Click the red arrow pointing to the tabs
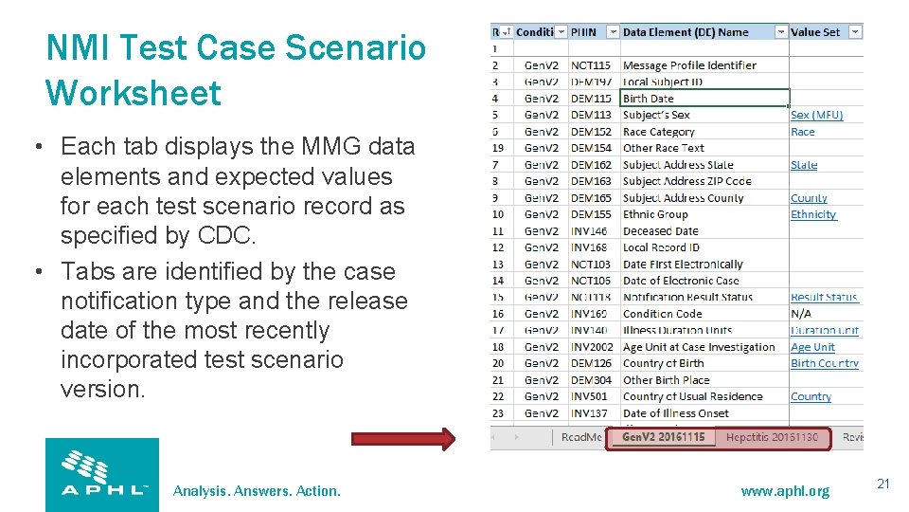point(402,438)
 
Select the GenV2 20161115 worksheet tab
point(663,437)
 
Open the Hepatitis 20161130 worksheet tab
point(772,437)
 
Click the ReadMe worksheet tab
point(581,437)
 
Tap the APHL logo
point(102,474)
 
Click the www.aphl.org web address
point(784,491)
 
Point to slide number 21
point(882,485)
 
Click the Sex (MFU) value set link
point(816,115)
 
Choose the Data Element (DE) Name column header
point(686,32)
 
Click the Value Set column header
point(815,32)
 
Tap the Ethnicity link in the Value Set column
point(813,214)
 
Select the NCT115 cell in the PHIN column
point(591,65)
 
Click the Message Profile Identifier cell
point(689,65)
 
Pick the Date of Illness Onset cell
point(676,413)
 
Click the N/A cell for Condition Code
point(801,314)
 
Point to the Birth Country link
point(824,363)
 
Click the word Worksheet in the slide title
point(134,93)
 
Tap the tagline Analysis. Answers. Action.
point(257,491)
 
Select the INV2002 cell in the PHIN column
point(593,347)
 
